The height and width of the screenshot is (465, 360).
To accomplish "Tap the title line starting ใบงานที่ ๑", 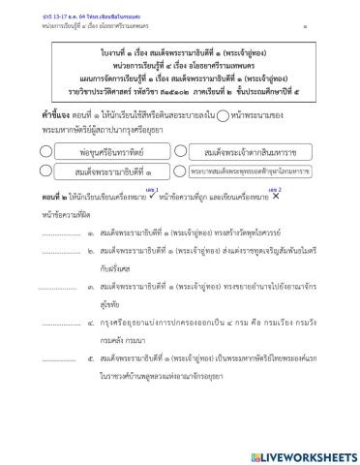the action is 180,45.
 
